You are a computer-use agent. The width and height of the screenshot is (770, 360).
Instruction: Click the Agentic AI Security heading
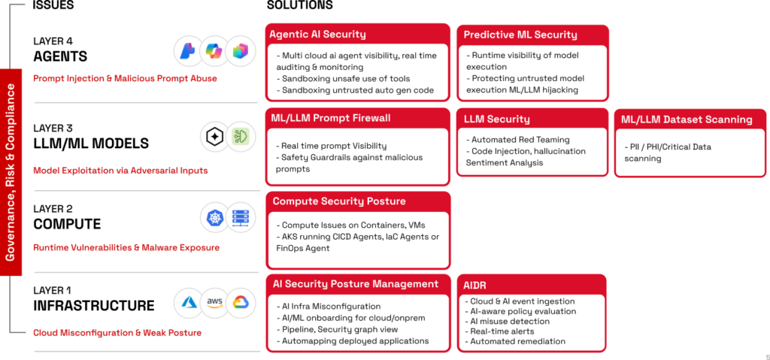[317, 34]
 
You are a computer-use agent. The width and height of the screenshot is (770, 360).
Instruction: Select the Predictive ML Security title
[520, 35]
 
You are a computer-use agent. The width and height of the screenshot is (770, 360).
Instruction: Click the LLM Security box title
[496, 119]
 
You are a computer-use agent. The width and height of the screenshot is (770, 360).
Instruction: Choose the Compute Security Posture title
[339, 201]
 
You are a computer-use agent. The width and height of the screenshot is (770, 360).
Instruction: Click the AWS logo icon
[215, 301]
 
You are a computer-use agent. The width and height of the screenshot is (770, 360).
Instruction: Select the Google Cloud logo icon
[241, 301]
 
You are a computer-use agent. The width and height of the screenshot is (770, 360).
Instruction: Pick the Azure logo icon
[189, 301]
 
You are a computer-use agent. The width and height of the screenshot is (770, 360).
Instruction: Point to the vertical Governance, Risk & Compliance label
[11, 172]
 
